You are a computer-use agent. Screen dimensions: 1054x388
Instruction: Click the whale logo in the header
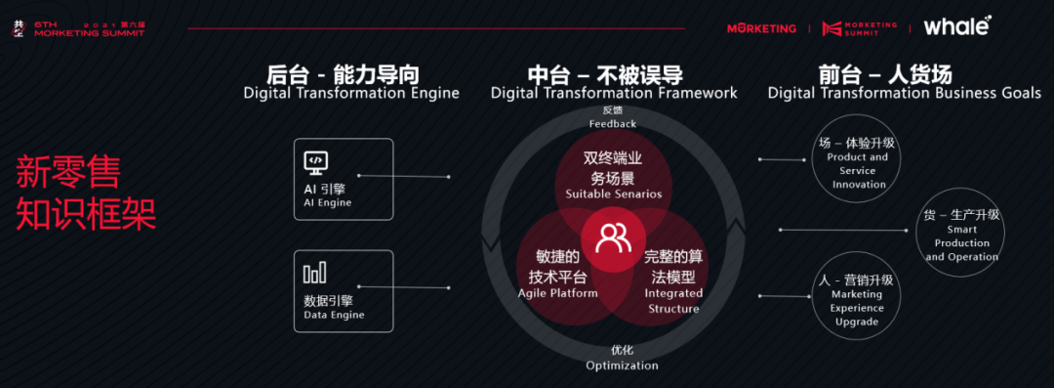[x=956, y=26]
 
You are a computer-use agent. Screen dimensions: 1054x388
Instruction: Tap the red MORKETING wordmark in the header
[x=761, y=28]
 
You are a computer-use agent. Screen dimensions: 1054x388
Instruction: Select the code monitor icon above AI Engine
[x=316, y=161]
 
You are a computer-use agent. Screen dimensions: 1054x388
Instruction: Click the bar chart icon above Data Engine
[x=315, y=273]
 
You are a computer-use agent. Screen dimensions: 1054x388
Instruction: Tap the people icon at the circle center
[x=613, y=237]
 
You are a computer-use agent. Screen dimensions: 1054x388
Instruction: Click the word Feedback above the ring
[x=612, y=123]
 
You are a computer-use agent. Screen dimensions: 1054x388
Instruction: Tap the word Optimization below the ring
[x=622, y=366]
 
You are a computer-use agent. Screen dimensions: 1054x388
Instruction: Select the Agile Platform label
[x=558, y=293]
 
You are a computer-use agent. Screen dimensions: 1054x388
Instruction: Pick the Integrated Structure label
[x=673, y=301]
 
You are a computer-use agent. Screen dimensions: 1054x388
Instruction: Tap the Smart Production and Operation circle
[x=960, y=236]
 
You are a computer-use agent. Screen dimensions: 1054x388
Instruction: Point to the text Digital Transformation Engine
[x=351, y=93]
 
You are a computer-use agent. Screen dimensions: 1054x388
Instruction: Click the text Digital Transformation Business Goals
[x=905, y=93]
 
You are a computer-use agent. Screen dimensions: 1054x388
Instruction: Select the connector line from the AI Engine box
[x=404, y=176]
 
